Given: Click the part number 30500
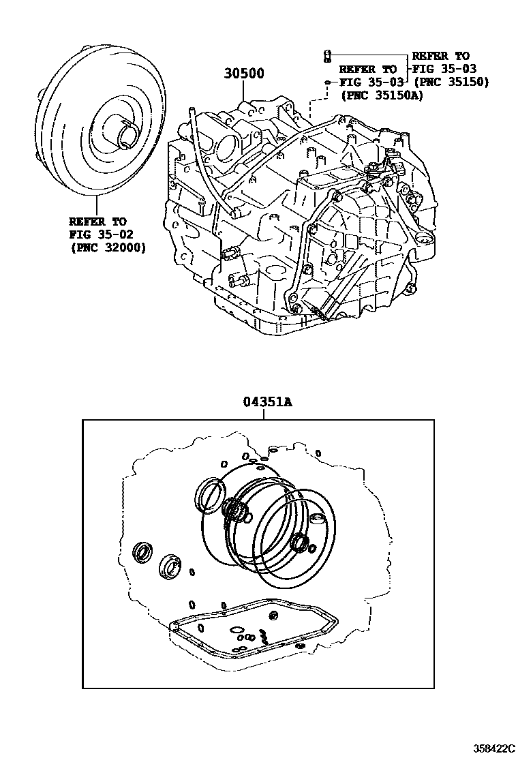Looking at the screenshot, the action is tap(243, 74).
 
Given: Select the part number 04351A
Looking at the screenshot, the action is tap(267, 401).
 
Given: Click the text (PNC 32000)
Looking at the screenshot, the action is tap(107, 248).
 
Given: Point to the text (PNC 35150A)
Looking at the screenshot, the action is tap(381, 95).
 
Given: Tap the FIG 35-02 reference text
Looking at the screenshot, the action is tap(101, 235).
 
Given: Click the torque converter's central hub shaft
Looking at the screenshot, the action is tap(127, 132).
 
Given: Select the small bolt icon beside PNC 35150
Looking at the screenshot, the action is tap(326, 56).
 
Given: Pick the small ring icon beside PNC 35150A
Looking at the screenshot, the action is tap(327, 82).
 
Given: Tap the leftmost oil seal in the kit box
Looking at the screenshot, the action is tap(143, 553).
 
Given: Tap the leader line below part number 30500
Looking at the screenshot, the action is tap(243, 91).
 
